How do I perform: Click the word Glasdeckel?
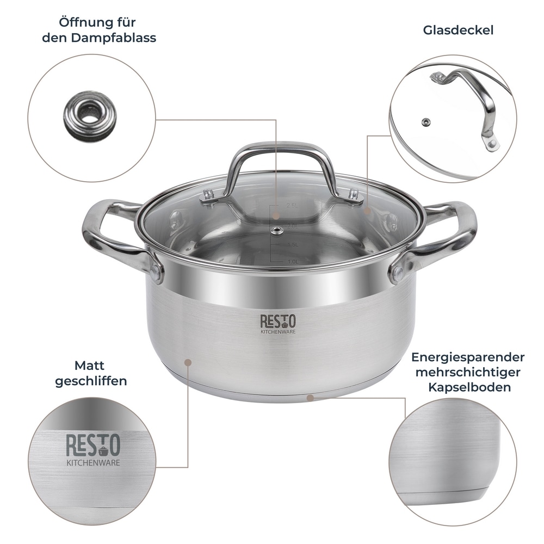(x=458, y=30)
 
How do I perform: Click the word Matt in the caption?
(x=90, y=365)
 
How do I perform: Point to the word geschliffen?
(x=91, y=381)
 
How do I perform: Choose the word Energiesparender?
(x=468, y=357)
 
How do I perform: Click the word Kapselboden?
(x=469, y=388)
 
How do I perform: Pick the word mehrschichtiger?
(x=468, y=373)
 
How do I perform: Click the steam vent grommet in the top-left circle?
(x=90, y=116)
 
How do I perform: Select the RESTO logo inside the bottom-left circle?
(x=93, y=446)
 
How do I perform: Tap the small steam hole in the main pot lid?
(x=277, y=231)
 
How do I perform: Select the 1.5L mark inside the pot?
(x=292, y=245)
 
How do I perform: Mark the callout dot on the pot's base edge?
(x=310, y=398)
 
